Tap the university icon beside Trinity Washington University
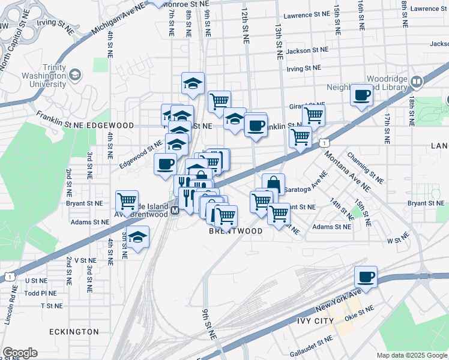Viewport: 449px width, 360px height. click(x=75, y=75)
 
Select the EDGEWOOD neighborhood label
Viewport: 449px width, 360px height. click(x=108, y=125)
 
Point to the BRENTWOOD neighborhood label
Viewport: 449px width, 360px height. click(x=236, y=231)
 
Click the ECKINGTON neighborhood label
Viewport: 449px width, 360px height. click(x=75, y=332)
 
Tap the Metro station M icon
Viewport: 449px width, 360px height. click(x=175, y=211)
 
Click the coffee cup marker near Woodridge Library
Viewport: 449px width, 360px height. click(x=361, y=95)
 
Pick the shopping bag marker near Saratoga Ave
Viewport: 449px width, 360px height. click(x=273, y=184)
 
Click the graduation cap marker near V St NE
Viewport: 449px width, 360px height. click(x=138, y=236)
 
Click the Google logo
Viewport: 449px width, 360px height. click(x=20, y=353)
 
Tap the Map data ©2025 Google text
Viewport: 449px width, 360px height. click(x=411, y=355)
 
